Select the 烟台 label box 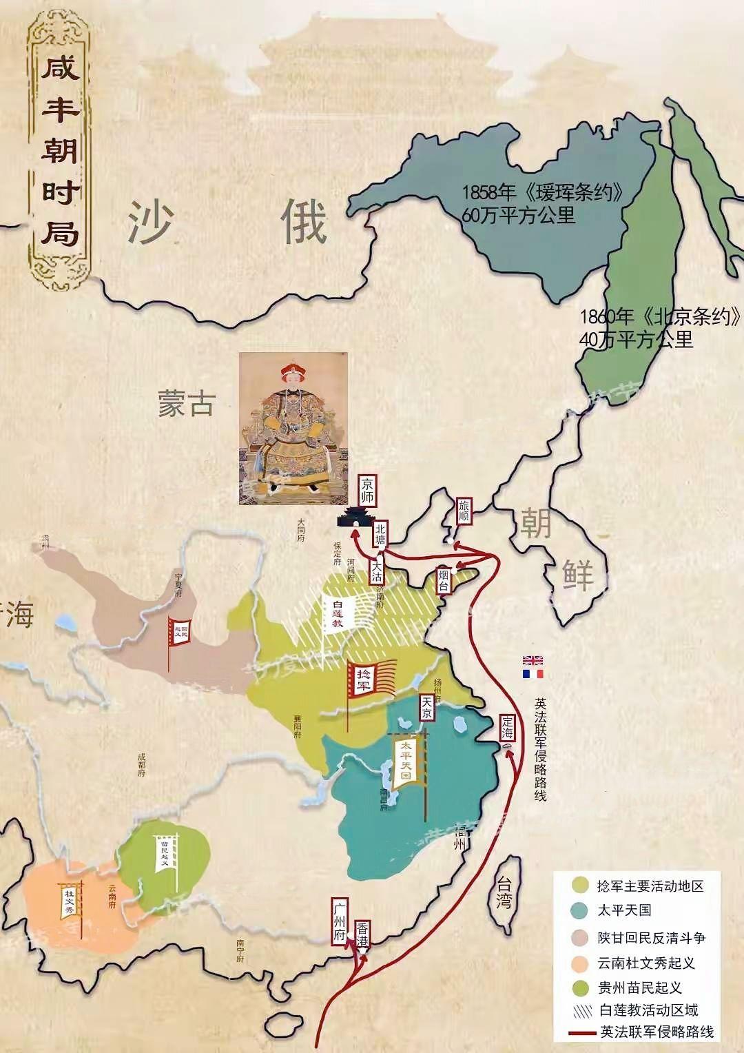(444, 580)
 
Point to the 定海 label (508, 728)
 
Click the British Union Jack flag (533, 660)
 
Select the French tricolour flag (533, 673)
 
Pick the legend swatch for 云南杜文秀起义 (580, 963)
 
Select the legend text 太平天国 (625, 910)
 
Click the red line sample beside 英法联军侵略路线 (580, 1032)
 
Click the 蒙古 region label (185, 404)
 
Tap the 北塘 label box (381, 535)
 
